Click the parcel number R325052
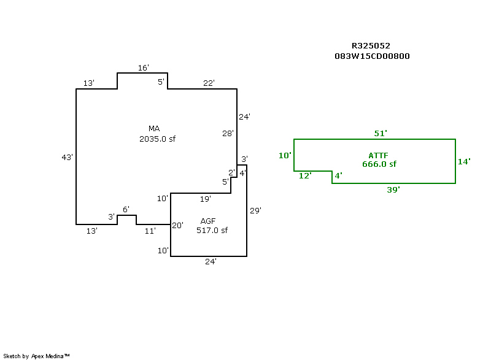pos(371,46)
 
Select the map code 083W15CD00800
pos(371,56)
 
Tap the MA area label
pos(154,129)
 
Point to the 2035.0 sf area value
pos(158,139)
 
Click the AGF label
pos(208,221)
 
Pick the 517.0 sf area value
pos(212,231)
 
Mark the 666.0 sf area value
pos(379,164)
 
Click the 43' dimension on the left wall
pos(68,158)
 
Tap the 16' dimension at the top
pos(143,68)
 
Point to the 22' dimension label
pos(209,83)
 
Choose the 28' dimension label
pos(228,133)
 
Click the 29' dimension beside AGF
pos(256,210)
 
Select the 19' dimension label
pos(206,199)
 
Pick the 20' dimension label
pos(177,226)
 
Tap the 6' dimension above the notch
pos(126,210)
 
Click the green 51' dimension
pos(381,133)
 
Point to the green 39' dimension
pos(393,190)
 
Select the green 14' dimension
pos(464,162)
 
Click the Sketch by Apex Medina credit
pos(36,356)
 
